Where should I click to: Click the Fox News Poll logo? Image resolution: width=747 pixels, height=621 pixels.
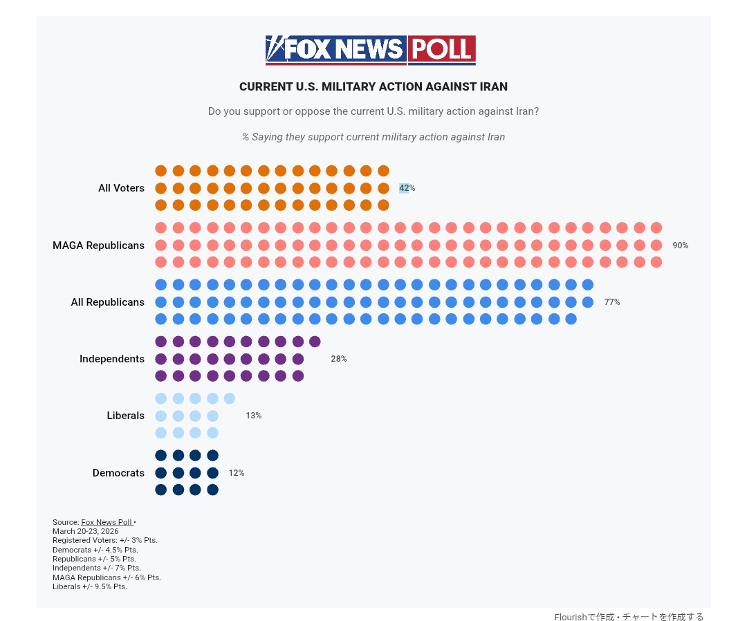click(x=371, y=50)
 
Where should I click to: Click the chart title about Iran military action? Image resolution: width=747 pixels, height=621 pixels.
click(x=373, y=87)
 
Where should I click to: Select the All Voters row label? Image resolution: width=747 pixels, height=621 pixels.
click(x=121, y=188)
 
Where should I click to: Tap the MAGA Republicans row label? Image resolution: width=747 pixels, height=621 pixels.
click(x=98, y=245)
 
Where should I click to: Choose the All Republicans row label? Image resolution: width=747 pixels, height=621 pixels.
click(x=107, y=302)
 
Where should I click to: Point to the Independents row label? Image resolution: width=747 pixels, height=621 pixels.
click(x=112, y=359)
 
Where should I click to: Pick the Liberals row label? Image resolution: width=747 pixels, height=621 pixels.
click(x=125, y=416)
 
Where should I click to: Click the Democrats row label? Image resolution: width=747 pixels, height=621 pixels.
click(x=118, y=473)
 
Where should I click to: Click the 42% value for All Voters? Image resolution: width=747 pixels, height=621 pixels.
click(x=407, y=188)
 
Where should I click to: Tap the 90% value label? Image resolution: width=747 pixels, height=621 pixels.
click(x=680, y=245)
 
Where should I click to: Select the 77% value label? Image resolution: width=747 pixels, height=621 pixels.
click(x=611, y=302)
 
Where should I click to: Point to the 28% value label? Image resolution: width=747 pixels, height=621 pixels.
click(x=338, y=359)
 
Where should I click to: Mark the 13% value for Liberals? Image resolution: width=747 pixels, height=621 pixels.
click(x=253, y=416)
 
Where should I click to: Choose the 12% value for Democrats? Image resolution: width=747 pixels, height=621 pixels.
click(x=236, y=473)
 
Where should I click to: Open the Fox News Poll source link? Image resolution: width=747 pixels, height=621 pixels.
click(x=107, y=522)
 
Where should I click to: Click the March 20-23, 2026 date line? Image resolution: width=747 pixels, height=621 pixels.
click(x=86, y=531)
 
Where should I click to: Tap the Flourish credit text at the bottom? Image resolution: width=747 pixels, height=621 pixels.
click(x=629, y=617)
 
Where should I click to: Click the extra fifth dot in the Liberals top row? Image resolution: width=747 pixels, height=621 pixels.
click(x=230, y=398)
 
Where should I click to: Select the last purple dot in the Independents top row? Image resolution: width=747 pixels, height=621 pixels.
click(x=315, y=342)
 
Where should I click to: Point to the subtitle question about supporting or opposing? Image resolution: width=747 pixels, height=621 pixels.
click(x=373, y=111)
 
